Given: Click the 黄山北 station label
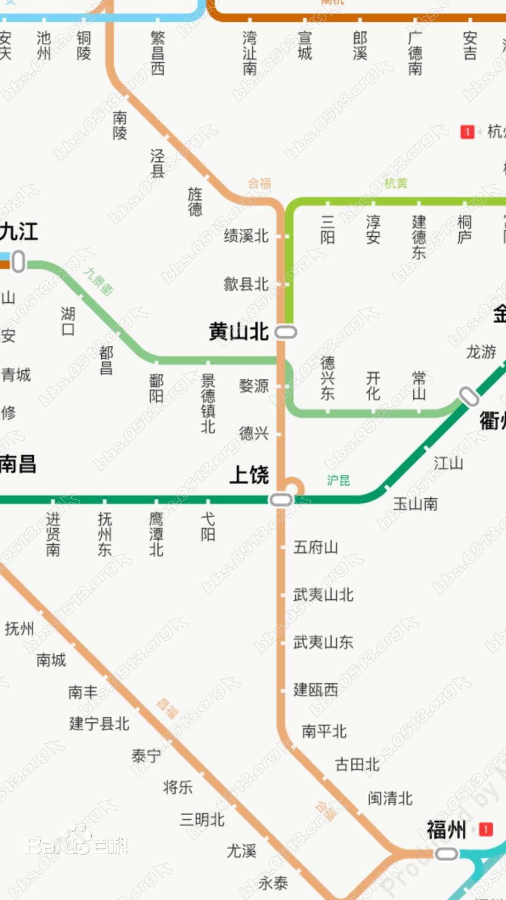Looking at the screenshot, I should click(238, 332).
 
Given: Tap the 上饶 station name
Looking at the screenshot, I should click(249, 475).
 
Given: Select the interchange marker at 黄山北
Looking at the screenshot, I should click(286, 332).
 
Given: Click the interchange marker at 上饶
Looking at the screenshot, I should click(281, 500).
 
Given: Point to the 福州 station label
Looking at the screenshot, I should click(446, 830).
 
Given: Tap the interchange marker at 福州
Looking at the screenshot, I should click(446, 854).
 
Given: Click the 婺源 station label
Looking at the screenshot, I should click(253, 386).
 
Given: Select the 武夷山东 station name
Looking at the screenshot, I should click(323, 642).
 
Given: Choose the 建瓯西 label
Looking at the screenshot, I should click(315, 690).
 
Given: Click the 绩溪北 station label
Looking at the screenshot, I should click(246, 236).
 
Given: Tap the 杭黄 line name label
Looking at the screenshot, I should click(396, 184).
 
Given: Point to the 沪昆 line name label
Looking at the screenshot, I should click(338, 480).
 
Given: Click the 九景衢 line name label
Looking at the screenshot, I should click(98, 281).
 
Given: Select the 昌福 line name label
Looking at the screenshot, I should click(167, 708).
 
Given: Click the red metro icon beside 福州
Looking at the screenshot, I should click(486, 830).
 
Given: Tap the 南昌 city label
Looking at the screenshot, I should click(18, 464).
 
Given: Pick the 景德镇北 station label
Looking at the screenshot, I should click(208, 403).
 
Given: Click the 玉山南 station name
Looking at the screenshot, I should click(415, 504).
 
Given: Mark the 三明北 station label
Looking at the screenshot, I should click(202, 820).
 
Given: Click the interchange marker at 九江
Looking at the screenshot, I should click(18, 262).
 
